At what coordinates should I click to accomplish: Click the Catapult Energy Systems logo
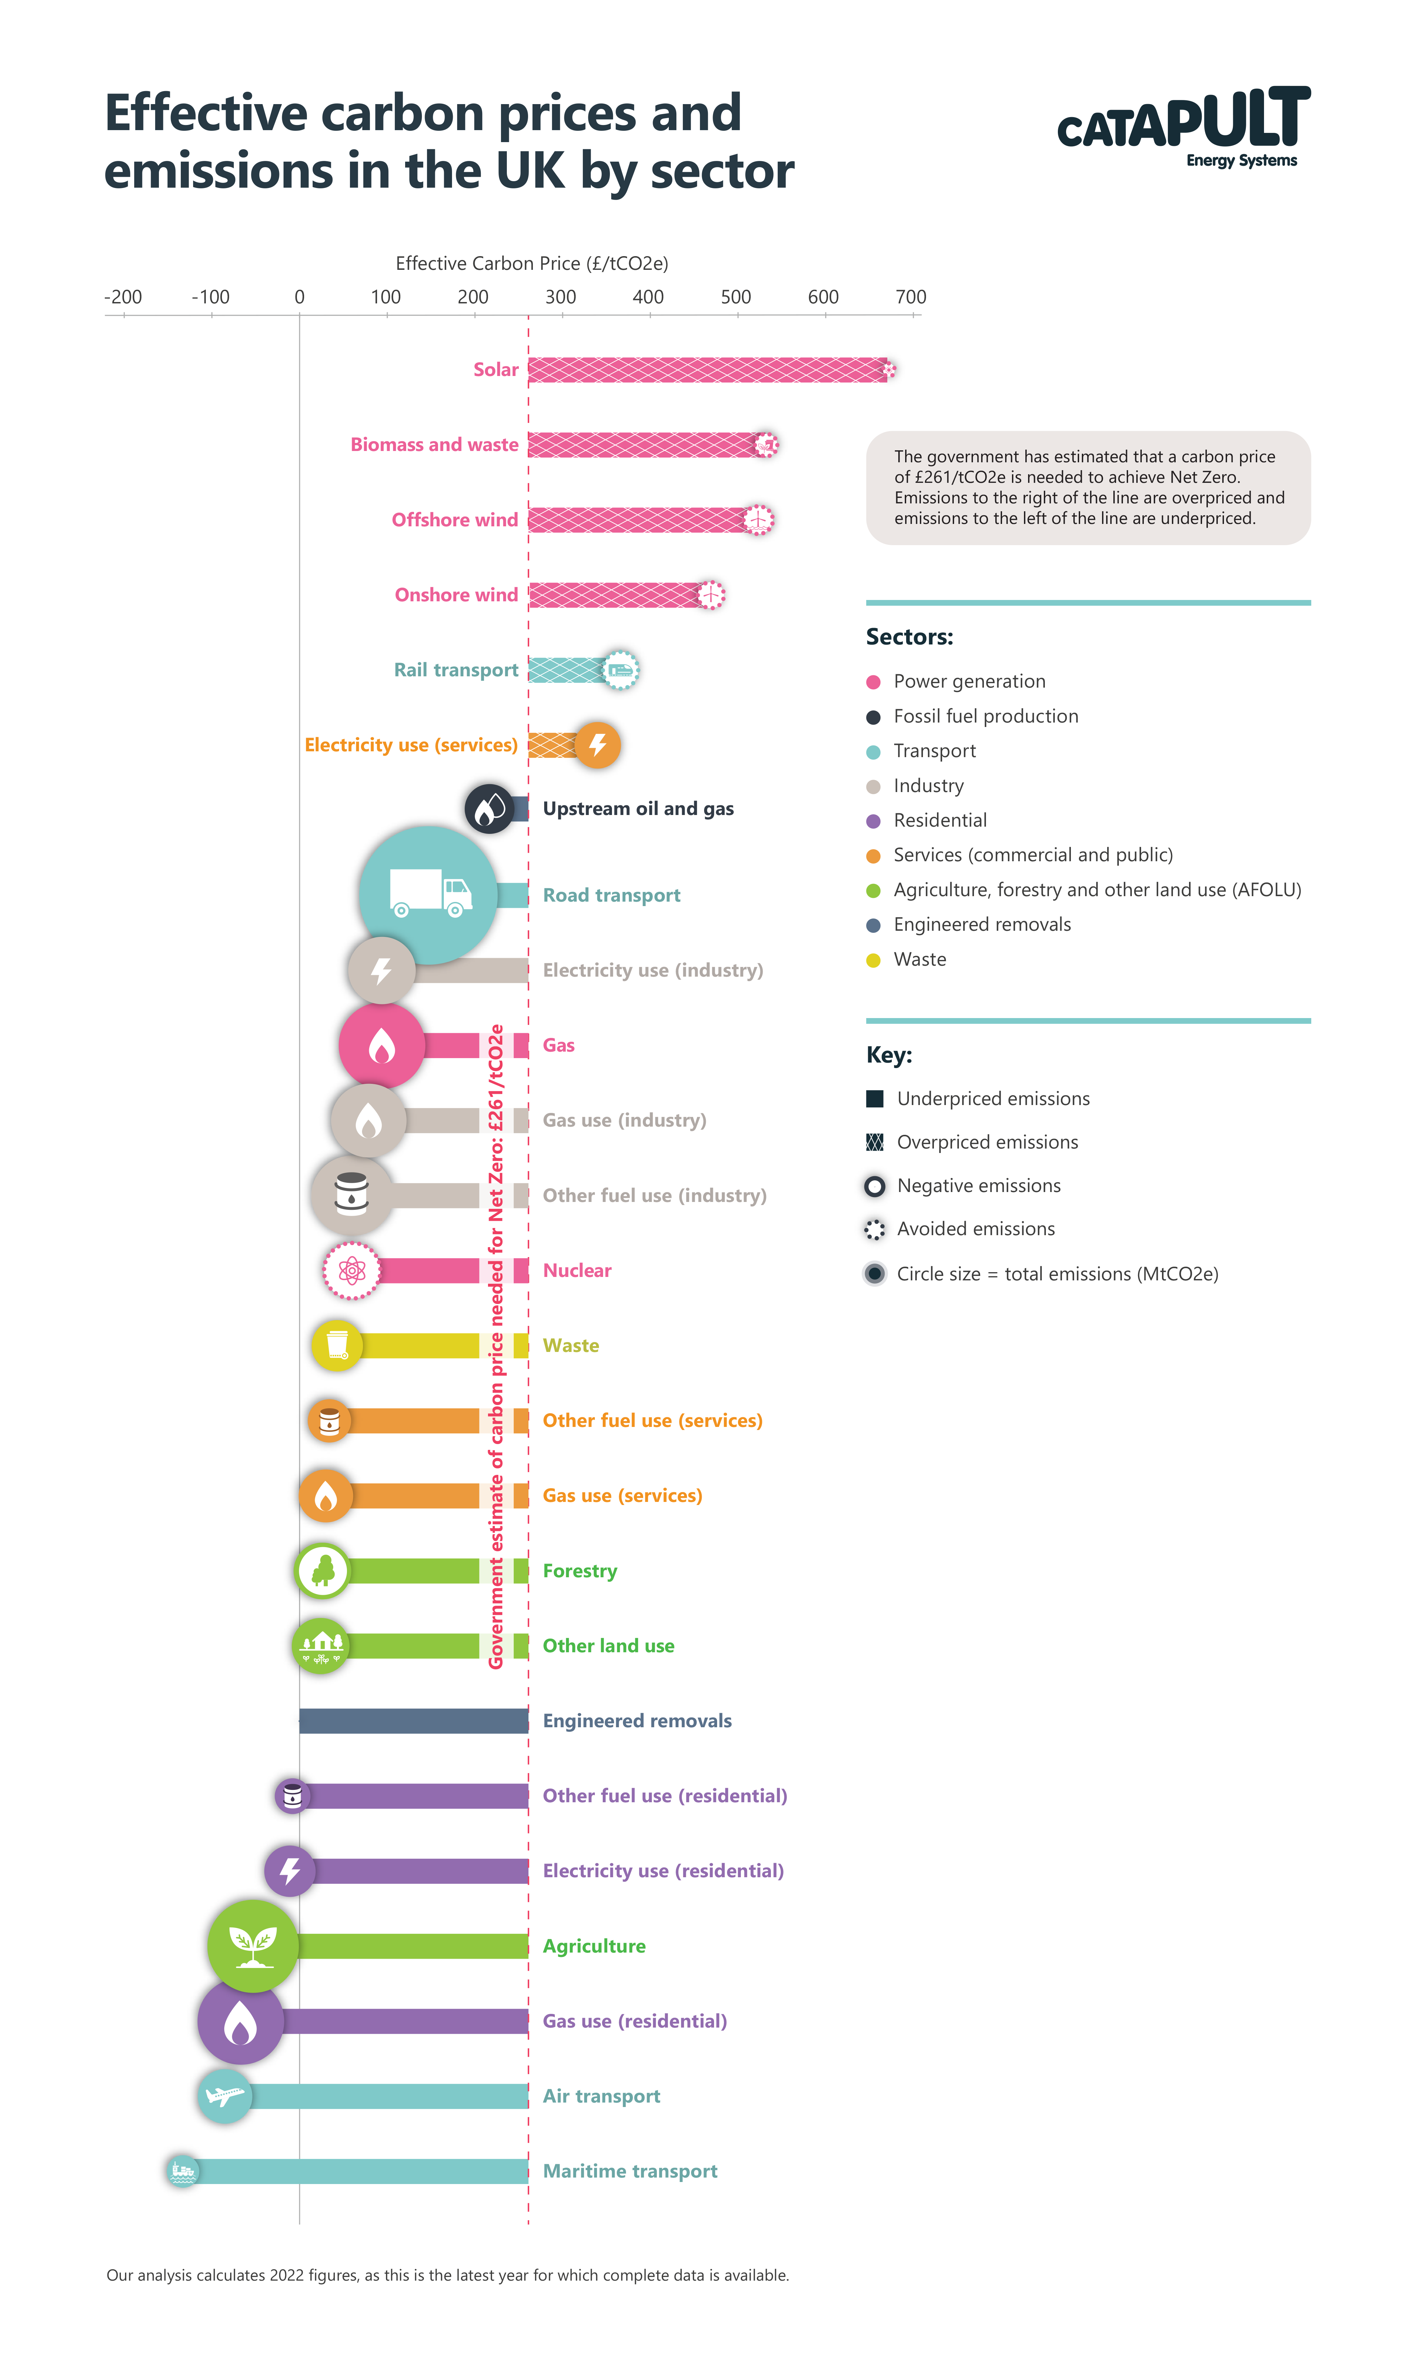point(1184,127)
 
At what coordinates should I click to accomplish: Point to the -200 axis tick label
point(123,297)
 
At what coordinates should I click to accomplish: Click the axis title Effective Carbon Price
point(531,264)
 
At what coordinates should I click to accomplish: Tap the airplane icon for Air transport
point(225,2096)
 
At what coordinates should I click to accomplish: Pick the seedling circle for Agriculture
point(252,1945)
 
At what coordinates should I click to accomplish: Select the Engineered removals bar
point(413,1721)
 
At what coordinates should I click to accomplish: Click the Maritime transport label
point(629,2171)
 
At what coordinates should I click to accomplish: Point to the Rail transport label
point(456,670)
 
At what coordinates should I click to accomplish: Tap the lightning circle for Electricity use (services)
point(598,744)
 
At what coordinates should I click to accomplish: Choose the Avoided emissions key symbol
point(874,1230)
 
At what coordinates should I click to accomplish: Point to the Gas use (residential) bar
point(405,2021)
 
